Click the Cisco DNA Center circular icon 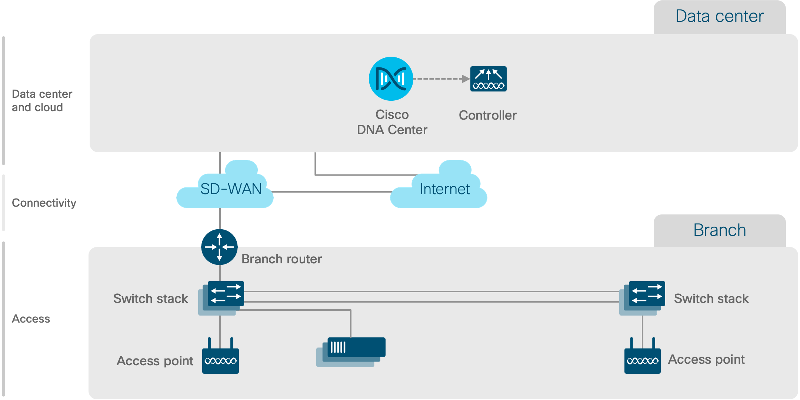point(391,79)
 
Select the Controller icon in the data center point(488,79)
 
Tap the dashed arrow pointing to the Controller point(441,79)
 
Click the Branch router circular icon point(219,247)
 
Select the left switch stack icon point(222,296)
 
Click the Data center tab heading point(719,17)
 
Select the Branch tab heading point(719,230)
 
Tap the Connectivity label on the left point(44,203)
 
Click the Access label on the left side point(31,319)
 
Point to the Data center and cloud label point(41,101)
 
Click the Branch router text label point(281,259)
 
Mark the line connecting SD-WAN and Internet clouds point(331,192)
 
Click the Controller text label point(487,116)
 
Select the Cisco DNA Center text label point(392,122)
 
